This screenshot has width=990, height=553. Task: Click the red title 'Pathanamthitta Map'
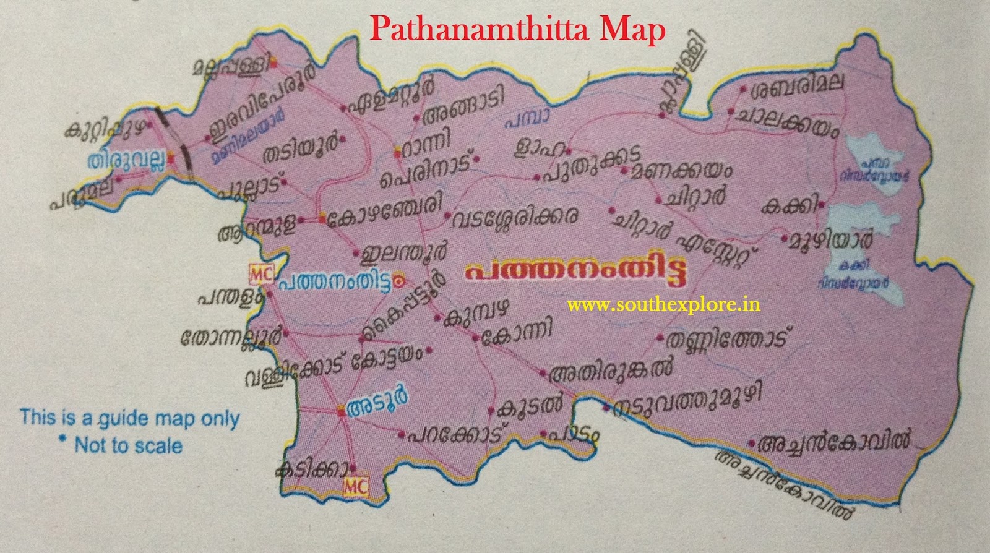point(518,29)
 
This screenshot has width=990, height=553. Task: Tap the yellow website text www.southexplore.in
point(663,304)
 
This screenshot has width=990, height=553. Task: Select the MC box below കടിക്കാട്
point(355,486)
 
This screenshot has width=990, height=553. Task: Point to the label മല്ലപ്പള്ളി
point(232,66)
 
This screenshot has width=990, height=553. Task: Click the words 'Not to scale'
point(128,445)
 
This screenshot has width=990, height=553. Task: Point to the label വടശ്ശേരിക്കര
point(515,218)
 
